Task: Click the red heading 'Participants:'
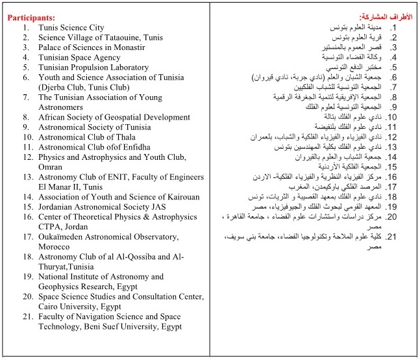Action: (31, 18)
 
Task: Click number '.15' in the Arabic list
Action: (391, 166)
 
